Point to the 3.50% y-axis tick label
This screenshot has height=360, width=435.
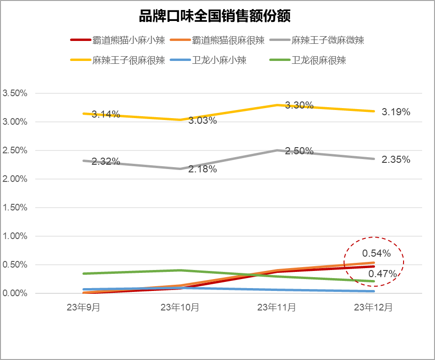(x=15, y=93)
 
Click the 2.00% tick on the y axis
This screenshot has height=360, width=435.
(x=15, y=179)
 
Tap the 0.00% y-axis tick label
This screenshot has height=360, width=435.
(x=15, y=293)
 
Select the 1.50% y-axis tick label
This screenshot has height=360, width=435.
(x=15, y=208)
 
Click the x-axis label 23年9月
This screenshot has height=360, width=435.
(x=83, y=308)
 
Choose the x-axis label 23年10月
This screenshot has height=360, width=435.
(x=180, y=308)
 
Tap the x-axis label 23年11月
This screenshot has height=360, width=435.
(x=277, y=308)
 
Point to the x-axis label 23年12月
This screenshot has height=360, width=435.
(x=374, y=308)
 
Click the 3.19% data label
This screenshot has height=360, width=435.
(x=395, y=112)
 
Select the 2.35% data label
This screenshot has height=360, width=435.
(x=395, y=160)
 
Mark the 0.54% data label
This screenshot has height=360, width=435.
(x=376, y=253)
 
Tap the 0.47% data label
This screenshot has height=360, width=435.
(x=383, y=274)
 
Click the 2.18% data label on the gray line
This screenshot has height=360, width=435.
(x=202, y=169)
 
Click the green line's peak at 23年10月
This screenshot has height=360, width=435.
(x=180, y=270)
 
